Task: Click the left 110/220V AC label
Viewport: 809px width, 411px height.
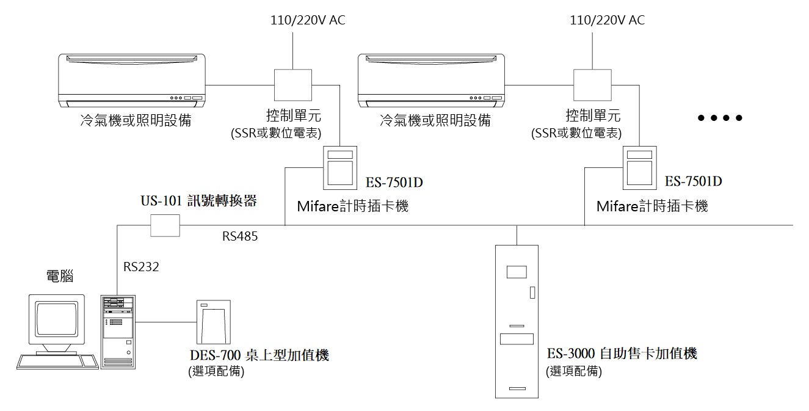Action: pos(308,20)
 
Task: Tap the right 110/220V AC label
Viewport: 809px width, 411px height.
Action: pos(607,20)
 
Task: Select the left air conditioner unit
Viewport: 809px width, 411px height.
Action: pos(132,79)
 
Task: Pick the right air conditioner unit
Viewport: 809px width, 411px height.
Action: pos(432,79)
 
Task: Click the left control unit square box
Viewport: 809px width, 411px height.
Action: pos(293,84)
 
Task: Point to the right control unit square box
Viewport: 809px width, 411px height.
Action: pos(592,84)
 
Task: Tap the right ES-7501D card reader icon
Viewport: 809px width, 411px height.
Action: pos(639,168)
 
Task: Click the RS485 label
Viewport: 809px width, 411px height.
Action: pos(240,237)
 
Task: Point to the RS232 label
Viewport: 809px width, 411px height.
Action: pos(141,267)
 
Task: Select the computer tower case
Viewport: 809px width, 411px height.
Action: pos(117,331)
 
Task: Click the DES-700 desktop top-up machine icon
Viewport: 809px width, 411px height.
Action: pos(213,322)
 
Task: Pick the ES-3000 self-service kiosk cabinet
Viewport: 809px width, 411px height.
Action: pos(517,321)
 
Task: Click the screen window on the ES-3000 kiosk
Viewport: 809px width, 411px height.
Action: pos(517,272)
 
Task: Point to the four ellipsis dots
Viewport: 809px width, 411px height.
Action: pos(720,118)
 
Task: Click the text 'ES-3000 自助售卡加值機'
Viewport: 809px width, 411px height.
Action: pos(622,354)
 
